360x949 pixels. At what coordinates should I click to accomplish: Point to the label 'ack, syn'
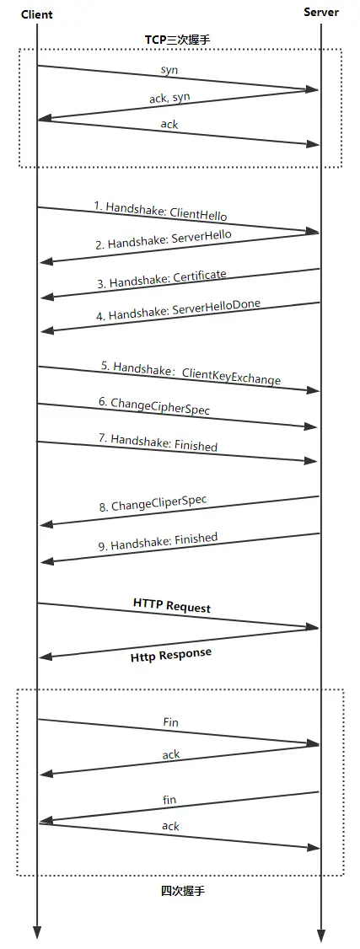171,98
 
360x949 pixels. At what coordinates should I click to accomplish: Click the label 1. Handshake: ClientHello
160,211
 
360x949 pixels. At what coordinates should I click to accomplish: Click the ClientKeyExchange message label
191,373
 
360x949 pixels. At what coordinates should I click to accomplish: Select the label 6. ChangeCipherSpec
153,406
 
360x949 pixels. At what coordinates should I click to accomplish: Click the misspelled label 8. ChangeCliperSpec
152,504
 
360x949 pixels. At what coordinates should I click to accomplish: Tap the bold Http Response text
170,654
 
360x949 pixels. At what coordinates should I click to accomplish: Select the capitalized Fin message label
170,722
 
